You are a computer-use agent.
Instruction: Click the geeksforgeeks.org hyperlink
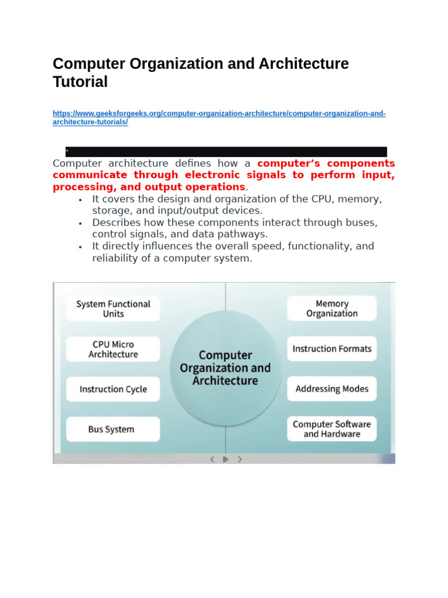click(x=219, y=113)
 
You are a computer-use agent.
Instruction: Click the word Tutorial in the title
click(x=80, y=82)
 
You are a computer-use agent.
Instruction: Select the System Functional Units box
click(x=113, y=308)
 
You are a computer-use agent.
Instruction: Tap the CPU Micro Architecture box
click(x=113, y=349)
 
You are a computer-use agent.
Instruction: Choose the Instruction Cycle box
click(x=113, y=389)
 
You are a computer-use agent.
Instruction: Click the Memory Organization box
click(x=332, y=308)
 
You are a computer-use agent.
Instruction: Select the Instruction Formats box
click(x=332, y=349)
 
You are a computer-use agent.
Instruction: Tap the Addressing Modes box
click(x=332, y=389)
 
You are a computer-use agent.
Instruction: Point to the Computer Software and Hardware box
click(x=332, y=429)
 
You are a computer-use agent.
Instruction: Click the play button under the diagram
click(x=226, y=459)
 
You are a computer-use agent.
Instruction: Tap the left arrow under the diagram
click(x=212, y=459)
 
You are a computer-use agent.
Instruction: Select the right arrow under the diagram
click(x=240, y=459)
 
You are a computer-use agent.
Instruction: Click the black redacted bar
click(x=226, y=152)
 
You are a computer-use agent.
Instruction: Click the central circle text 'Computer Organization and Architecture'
click(x=225, y=368)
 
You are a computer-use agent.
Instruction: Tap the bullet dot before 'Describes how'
click(x=80, y=224)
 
